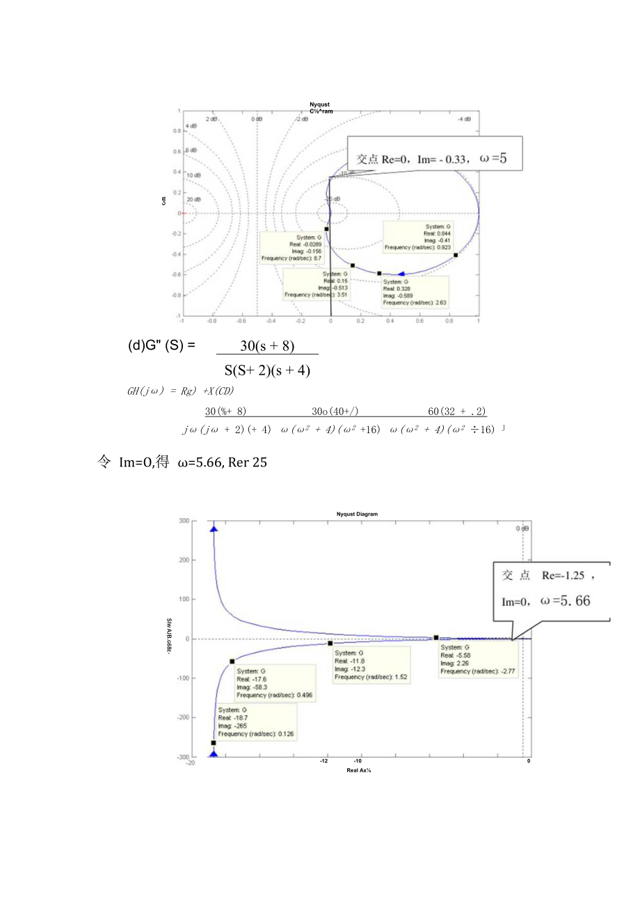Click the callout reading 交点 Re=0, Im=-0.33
tap(434, 158)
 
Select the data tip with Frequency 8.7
tap(291, 248)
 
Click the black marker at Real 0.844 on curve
tap(456, 255)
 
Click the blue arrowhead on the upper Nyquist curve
tap(401, 274)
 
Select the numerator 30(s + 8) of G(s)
tap(267, 345)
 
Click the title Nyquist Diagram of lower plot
tap(356, 514)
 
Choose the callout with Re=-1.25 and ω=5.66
tap(552, 591)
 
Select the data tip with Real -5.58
tap(478, 659)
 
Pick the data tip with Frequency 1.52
tap(371, 664)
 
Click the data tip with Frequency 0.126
tap(255, 721)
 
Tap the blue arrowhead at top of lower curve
tap(214, 529)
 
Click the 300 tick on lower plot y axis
tap(184, 521)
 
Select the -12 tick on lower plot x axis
tap(324, 761)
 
